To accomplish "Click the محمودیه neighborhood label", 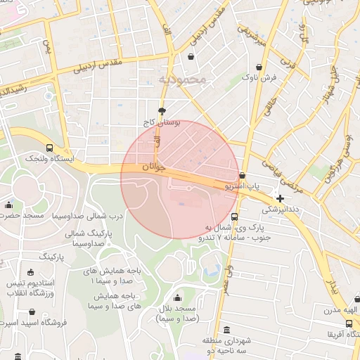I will (183, 79).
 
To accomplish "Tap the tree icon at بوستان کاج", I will (162, 110).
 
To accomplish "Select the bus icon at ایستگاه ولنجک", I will (49, 148).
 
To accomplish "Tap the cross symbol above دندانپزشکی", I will (281, 199).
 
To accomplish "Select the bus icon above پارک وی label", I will (234, 217).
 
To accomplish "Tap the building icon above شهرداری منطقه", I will (226, 330).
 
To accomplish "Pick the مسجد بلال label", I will (176, 314).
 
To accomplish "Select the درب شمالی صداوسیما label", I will (87, 216).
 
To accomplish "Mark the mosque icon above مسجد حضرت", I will (8, 205).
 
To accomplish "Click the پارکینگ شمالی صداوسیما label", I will (85, 238).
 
